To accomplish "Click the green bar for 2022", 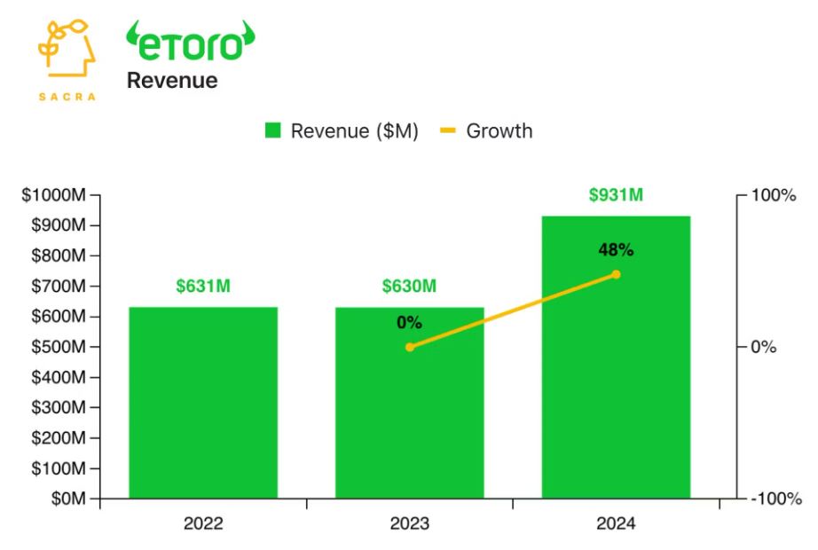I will coord(203,403).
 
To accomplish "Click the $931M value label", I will coord(616,195).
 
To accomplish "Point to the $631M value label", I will coord(203,287).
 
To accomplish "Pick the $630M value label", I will coord(409,287).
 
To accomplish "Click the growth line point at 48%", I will coord(616,274).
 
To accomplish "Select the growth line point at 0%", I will coord(409,347).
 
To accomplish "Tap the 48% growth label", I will coord(616,250).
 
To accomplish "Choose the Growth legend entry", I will coord(488,131).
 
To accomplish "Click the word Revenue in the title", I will coord(171,81).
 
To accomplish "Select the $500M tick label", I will coord(58,347).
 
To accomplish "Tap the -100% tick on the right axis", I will coord(770,499).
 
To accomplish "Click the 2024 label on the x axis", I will coord(616,524).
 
